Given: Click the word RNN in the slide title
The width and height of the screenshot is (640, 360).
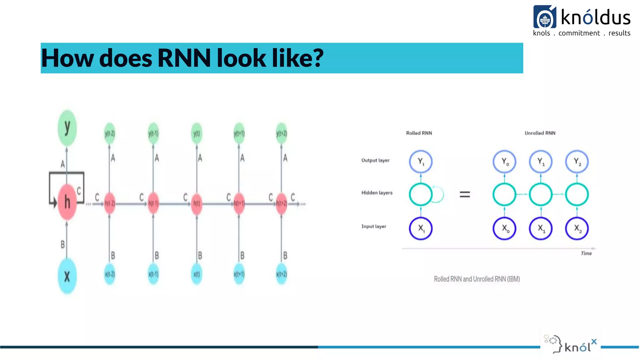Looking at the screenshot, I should point(184,58).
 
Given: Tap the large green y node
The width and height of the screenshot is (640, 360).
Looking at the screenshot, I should point(67,128).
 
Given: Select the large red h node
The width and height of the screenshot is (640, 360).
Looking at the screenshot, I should point(67,202).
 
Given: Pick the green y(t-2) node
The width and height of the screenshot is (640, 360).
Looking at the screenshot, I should point(110,134).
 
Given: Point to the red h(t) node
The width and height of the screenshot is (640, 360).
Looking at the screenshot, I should point(197,203).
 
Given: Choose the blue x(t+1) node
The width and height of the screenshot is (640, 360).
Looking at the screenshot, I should point(239,274).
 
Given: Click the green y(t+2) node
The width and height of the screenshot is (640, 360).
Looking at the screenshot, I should point(282,134).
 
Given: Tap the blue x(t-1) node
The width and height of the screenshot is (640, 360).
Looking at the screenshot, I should point(153,274).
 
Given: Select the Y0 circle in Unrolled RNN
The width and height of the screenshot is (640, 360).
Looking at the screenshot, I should point(504,162).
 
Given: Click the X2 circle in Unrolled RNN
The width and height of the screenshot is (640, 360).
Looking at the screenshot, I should point(577,228).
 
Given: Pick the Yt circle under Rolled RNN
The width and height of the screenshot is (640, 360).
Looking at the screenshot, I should point(421,162).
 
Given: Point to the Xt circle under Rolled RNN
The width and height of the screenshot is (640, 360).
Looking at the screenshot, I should point(421,228).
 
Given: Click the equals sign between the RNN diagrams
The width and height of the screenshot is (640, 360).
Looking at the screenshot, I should point(465,194).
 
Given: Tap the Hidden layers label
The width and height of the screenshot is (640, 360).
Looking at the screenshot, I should point(377,193).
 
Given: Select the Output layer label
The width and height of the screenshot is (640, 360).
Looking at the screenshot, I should point(375,160).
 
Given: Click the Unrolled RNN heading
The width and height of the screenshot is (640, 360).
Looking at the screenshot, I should point(540,133).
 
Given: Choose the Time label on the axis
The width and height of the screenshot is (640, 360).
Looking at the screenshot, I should point(586,253).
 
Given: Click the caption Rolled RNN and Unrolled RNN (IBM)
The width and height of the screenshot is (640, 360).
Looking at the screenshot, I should point(477,279).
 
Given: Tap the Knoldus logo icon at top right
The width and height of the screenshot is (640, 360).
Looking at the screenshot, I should point(545,17).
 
